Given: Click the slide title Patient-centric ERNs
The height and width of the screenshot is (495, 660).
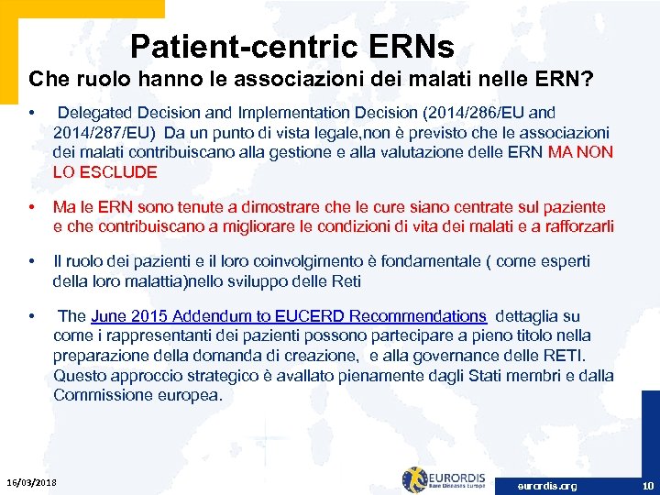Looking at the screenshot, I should pos(291,45).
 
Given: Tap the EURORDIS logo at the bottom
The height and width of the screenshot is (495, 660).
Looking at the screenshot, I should pos(450,480).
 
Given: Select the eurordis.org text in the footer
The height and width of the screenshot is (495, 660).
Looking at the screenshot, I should pos(547,486).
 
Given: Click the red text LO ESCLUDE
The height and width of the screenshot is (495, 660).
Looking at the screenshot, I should pos(105,172).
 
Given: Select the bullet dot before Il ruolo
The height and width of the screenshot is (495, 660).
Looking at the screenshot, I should pos(33,262).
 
